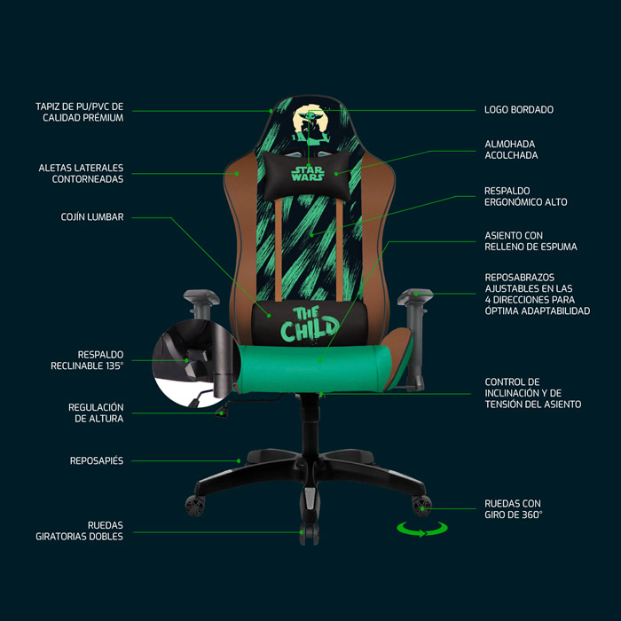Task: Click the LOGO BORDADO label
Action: point(519,110)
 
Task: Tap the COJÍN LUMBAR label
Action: point(92,216)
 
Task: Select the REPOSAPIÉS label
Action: point(97,460)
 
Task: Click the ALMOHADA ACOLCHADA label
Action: point(511,149)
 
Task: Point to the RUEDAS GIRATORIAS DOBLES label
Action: point(80,531)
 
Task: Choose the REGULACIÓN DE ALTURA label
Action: point(96,413)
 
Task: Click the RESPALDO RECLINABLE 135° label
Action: point(87,360)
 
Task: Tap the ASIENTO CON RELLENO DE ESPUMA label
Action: point(531,240)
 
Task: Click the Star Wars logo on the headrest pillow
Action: point(308,174)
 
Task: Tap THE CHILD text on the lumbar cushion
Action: point(310,325)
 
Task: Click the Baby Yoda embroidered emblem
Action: point(310,123)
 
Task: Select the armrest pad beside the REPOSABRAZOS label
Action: point(415,296)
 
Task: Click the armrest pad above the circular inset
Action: point(201,297)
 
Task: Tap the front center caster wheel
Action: point(309,533)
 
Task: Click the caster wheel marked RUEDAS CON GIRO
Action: point(421,506)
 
